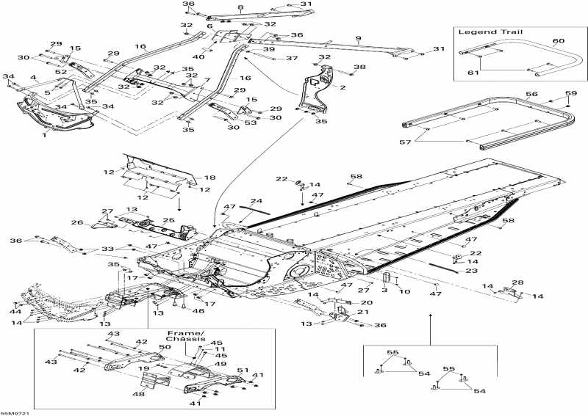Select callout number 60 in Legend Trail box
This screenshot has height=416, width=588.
558,40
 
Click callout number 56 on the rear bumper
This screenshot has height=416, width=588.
531,95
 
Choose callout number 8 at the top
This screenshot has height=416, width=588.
240,7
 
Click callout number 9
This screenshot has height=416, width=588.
358,39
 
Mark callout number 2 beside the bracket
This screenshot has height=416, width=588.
342,87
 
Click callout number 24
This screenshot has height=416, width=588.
256,200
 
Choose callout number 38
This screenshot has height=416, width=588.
359,67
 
